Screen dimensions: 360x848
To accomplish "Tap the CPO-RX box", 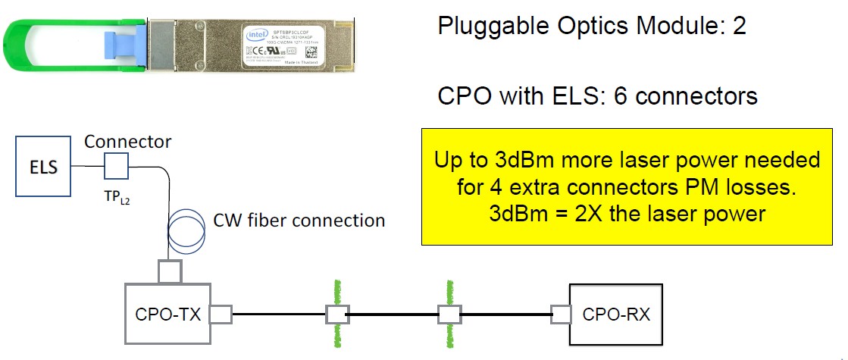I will click(x=615, y=313).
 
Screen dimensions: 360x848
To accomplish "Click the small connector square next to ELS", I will click(x=116, y=164).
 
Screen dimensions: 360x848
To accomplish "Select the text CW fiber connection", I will click(x=298, y=221).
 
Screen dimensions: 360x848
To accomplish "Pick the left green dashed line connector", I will click(x=336, y=313).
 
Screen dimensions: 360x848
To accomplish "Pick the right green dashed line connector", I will click(x=449, y=313).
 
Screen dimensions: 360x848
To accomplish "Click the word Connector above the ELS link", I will click(x=127, y=141).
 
